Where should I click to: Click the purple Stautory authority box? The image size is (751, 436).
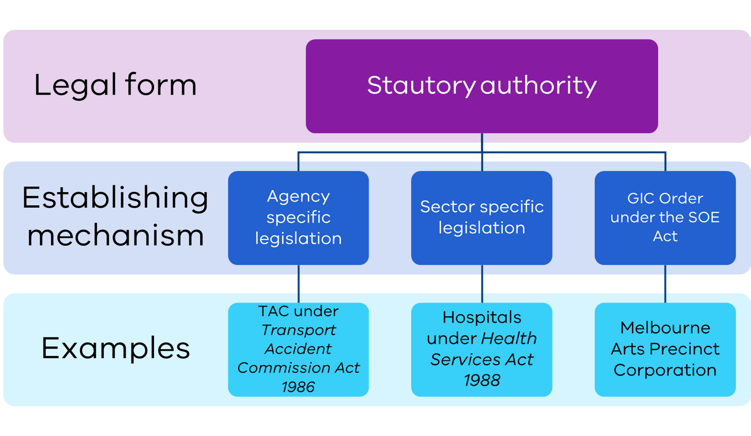[482, 86]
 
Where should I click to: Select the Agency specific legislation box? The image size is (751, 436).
[298, 218]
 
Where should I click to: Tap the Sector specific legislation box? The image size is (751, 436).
[482, 218]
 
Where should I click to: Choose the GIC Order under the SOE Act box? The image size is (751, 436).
[665, 218]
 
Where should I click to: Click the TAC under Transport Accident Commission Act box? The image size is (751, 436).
[298, 349]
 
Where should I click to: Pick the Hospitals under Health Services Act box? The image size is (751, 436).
[482, 349]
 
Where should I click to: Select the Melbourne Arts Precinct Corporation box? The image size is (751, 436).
[665, 349]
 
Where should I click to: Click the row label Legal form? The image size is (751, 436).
[115, 86]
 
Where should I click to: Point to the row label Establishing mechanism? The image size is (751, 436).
[115, 216]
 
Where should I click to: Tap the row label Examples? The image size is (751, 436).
[116, 349]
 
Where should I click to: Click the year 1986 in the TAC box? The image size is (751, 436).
[298, 387]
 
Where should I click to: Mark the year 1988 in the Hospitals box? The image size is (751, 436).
[482, 380]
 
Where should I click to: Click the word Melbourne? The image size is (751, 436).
[665, 327]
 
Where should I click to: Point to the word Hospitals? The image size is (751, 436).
[482, 318]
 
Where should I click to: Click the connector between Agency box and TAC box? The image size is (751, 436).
[299, 284]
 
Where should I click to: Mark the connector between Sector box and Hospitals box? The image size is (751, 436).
[482, 284]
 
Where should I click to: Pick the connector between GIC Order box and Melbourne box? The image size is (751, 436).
[665, 284]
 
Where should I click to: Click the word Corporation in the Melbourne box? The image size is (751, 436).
[665, 371]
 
